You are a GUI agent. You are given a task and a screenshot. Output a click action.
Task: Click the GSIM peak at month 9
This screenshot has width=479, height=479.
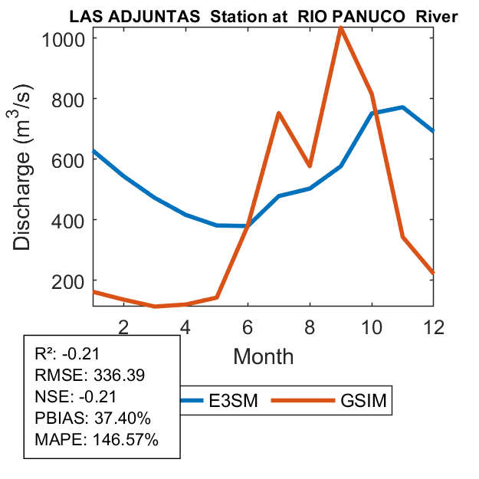pos(340,28)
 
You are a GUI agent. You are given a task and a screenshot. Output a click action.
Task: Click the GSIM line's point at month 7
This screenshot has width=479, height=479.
pos(278,113)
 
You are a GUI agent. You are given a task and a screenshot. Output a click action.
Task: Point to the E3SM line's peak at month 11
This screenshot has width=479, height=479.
pos(402,107)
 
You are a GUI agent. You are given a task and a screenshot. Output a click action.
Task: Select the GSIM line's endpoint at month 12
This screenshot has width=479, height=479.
pos(433,272)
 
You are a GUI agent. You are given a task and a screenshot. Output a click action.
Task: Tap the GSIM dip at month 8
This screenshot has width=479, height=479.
pos(309,166)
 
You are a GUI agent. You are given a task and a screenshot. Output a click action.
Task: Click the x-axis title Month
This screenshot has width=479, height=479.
pos(263,356)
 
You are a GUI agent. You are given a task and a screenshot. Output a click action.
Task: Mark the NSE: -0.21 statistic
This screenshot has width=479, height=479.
pos(74,397)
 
